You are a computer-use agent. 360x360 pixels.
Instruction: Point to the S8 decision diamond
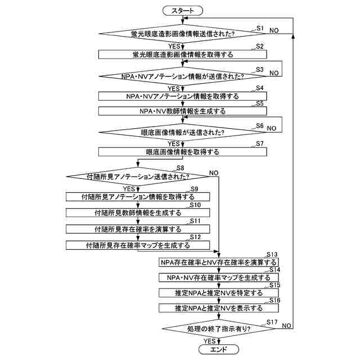pyautogui.click(x=138, y=176)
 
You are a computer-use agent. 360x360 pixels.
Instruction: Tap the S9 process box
pyautogui.click(x=138, y=197)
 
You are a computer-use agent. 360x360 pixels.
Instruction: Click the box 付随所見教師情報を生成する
pyautogui.click(x=138, y=213)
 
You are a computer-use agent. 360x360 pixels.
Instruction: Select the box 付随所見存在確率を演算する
pyautogui.click(x=138, y=229)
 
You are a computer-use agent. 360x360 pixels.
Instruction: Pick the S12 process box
pyautogui.click(x=138, y=245)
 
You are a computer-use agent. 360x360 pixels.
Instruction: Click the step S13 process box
pyautogui.click(x=218, y=263)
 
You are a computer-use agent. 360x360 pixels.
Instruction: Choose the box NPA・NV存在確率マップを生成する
pyautogui.click(x=218, y=278)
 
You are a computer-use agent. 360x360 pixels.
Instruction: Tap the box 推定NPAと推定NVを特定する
pyautogui.click(x=218, y=293)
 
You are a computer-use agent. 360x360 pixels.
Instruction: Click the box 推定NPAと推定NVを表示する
pyautogui.click(x=218, y=308)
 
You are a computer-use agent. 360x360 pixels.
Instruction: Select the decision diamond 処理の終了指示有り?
pyautogui.click(x=218, y=328)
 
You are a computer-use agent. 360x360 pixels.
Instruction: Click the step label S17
pyautogui.click(x=272, y=321)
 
